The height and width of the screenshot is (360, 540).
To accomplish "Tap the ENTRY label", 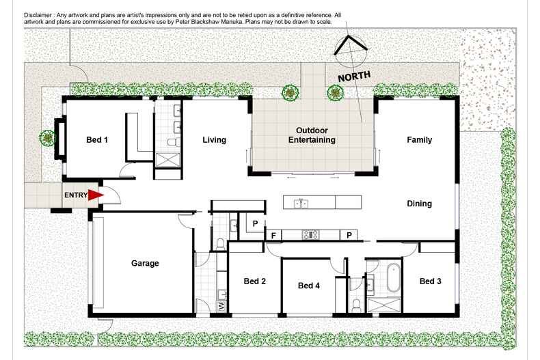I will pos(76,195).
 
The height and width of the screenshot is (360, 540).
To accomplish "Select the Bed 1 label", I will pos(97,140).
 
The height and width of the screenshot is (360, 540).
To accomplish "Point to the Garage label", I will pos(145,263).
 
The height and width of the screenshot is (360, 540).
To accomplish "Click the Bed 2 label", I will pos(255,281).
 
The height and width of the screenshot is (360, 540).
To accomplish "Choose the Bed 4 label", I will pos(309,286).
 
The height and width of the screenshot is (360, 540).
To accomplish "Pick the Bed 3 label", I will pos(431,281).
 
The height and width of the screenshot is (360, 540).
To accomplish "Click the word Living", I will pos(214,140).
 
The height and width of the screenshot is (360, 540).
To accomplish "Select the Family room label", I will pos(420,140).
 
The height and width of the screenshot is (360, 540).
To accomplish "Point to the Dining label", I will pos(420,204).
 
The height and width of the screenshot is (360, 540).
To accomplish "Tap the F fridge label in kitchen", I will pos(273,236).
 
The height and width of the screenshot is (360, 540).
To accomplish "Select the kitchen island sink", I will pos(301,203).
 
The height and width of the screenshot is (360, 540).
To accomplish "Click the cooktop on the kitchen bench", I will pos(311,235).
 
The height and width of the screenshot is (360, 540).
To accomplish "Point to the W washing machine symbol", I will pos(221,307).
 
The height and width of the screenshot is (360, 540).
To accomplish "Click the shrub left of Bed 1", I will pos(47,137).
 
